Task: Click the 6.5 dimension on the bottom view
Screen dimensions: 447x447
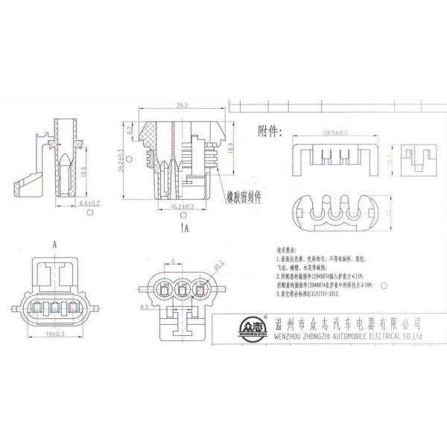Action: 145,305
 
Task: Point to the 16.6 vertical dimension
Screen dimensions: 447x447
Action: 82,171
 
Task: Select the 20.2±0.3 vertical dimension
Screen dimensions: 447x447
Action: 142,159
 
